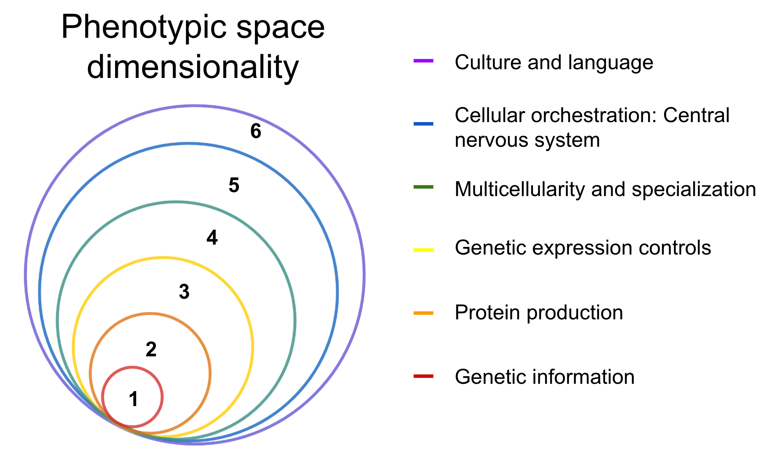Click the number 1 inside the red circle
134,399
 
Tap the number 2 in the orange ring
151,349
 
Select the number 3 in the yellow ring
184,292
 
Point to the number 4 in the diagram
212,237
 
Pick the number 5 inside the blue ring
234,185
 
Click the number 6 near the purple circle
256,131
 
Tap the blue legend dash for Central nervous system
424,124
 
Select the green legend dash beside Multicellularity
424,187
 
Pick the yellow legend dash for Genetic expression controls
424,250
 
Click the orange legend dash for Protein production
424,313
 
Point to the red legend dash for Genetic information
424,376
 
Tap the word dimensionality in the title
193,67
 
